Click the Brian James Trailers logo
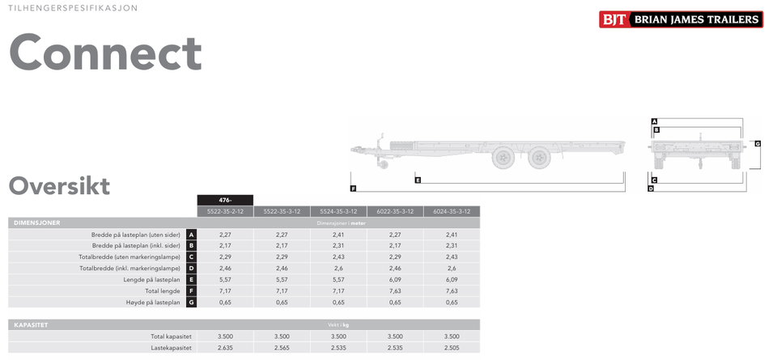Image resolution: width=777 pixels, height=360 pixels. pyautogui.click(x=681, y=19)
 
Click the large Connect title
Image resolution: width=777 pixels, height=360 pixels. pyautogui.click(x=105, y=53)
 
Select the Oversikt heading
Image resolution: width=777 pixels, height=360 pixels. pyautogui.click(x=59, y=186)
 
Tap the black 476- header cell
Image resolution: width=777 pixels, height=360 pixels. pyautogui.click(x=226, y=200)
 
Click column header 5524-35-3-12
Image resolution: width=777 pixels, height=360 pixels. pyautogui.click(x=339, y=211)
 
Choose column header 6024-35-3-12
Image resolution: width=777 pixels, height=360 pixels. pyautogui.click(x=452, y=211)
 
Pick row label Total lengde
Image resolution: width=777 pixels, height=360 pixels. pyautogui.click(x=163, y=291)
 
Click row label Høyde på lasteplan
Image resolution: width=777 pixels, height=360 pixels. pyautogui.click(x=153, y=302)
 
